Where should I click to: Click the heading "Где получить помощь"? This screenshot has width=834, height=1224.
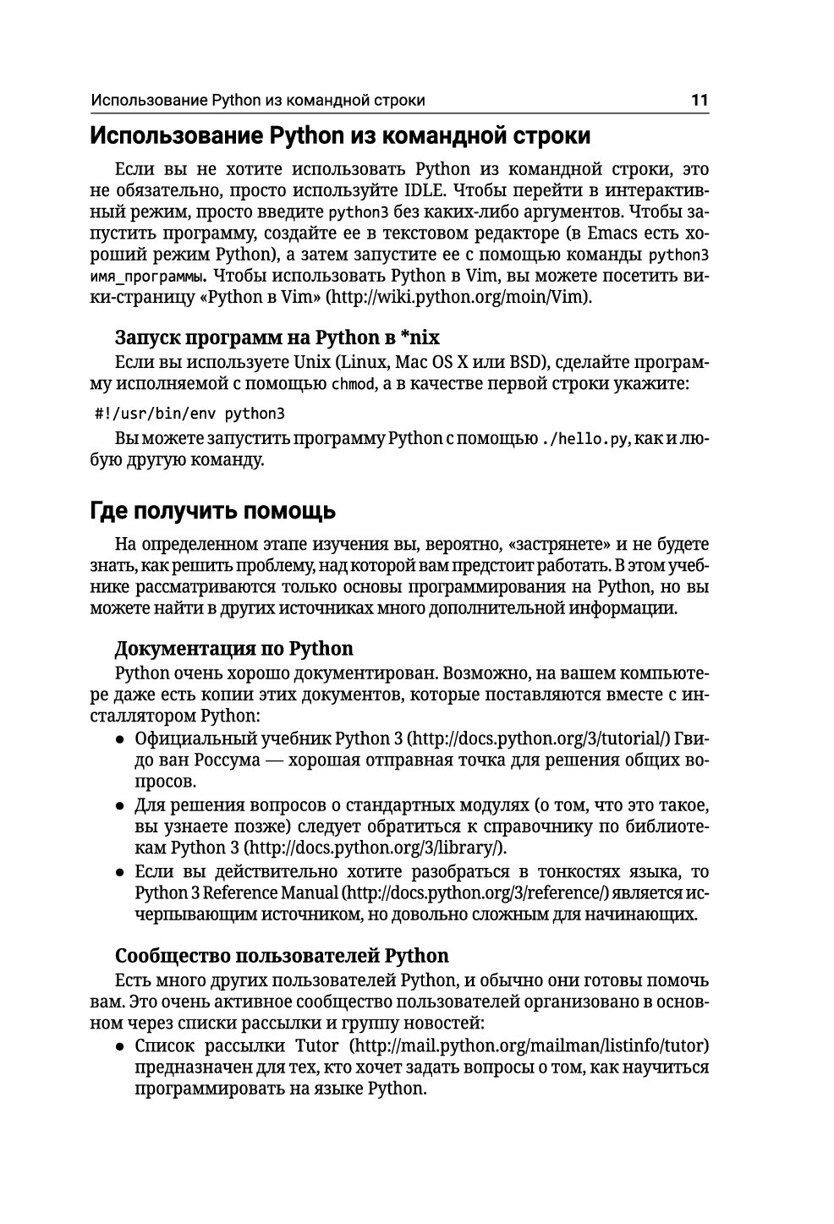tap(212, 511)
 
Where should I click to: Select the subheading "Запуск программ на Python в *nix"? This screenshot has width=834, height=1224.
tap(277, 338)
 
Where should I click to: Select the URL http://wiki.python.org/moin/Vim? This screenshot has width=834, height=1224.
tap(459, 298)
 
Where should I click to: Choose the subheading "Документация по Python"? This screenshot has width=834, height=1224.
tap(233, 649)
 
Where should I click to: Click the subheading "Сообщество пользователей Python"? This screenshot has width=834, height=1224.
tap(282, 956)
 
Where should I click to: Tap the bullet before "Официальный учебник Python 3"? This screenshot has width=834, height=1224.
tap(121, 739)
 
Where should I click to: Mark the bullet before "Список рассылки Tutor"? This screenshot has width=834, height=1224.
tap(121, 1046)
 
